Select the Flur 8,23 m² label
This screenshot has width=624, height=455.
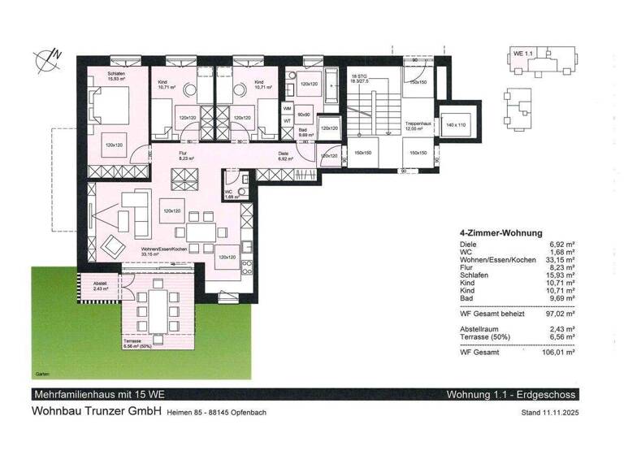(x=165, y=158)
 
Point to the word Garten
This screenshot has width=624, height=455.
(x=43, y=375)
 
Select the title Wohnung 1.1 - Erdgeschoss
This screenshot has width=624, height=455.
(x=512, y=395)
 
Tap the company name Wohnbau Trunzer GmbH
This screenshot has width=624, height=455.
(x=96, y=411)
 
